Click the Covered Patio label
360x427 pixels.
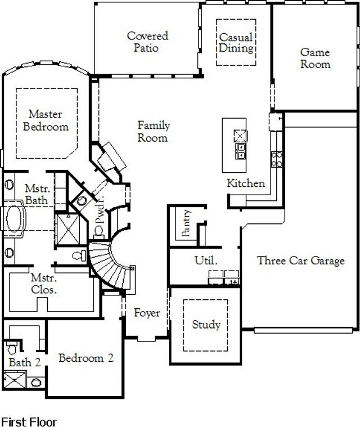147,42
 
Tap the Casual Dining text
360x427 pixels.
236,43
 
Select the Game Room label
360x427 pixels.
315,59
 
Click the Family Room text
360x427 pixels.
154,132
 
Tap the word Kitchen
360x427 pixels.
245,183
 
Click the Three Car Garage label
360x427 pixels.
300,260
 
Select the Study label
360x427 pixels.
206,325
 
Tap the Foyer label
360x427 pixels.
147,313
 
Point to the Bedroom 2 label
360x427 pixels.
86,358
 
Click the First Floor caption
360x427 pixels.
29,421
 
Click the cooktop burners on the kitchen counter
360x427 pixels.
276,158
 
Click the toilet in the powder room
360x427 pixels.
82,199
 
